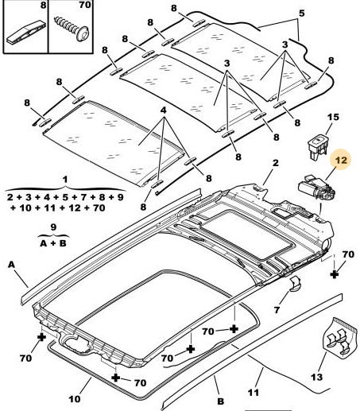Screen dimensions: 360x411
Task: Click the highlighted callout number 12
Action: (341, 160)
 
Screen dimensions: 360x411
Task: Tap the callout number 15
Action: (333, 117)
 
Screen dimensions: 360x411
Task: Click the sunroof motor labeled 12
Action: (317, 189)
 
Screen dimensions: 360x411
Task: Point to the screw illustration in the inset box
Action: (72, 29)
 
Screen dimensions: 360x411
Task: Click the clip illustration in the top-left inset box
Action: (25, 33)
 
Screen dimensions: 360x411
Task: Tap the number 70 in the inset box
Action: (85, 5)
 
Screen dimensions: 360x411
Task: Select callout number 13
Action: (317, 377)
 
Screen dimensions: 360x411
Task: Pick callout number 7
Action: (277, 309)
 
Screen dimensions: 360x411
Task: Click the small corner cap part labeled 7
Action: (295, 284)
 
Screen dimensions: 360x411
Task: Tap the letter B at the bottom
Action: (220, 401)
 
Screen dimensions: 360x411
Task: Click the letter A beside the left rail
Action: (11, 265)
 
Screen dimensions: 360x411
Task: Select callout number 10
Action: (75, 399)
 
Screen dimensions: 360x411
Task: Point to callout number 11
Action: (254, 392)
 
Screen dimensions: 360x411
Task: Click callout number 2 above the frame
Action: (276, 163)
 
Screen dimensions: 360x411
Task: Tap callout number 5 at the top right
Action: (302, 14)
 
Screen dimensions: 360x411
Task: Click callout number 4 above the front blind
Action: (164, 111)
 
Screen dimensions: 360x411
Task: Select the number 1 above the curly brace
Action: (65, 180)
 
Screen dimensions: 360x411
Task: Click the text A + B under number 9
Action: (53, 243)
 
